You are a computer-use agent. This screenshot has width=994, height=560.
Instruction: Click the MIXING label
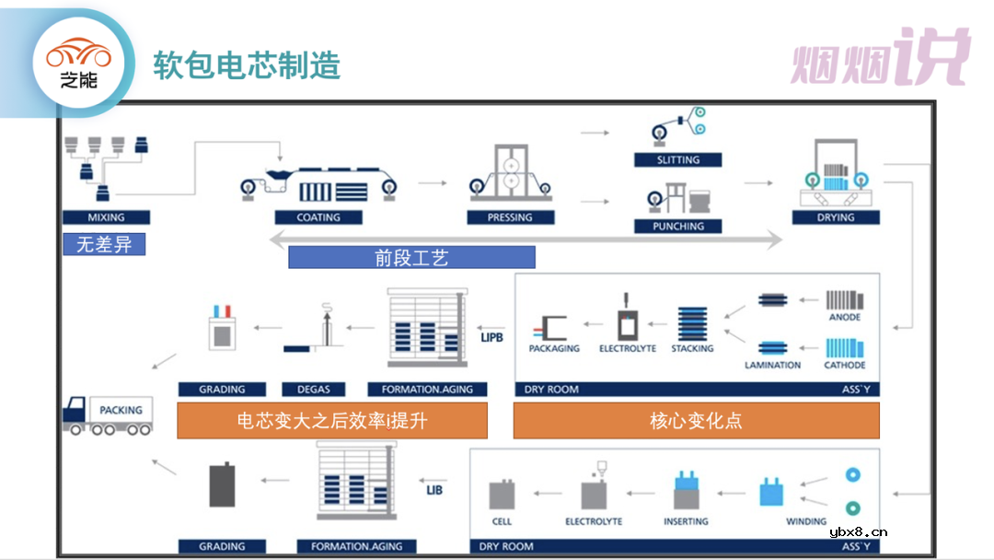(106, 218)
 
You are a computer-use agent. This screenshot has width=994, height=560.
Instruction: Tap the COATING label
(318, 218)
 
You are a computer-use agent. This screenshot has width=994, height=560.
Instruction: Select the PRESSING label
(510, 218)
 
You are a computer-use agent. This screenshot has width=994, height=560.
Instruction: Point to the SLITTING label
(677, 160)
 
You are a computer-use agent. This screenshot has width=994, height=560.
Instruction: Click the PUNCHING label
(677, 227)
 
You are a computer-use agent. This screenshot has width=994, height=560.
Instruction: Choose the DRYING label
(836, 218)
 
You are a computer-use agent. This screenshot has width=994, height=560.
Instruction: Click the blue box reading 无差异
(104, 245)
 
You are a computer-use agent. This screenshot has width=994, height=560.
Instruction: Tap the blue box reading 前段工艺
(411, 258)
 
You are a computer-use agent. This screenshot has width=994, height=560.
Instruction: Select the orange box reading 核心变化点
(696, 421)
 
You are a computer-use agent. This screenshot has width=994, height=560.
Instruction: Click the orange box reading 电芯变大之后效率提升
(331, 421)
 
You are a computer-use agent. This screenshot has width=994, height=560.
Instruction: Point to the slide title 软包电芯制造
(247, 65)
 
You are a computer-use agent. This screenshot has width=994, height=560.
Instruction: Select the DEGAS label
(313, 390)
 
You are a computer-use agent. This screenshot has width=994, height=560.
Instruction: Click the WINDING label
(806, 521)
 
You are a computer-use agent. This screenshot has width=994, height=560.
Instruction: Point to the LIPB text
(492, 337)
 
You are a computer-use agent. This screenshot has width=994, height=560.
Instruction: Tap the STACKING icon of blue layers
(691, 324)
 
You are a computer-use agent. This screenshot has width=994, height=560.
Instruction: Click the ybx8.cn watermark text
(859, 531)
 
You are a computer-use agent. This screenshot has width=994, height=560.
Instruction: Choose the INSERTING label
(686, 521)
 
